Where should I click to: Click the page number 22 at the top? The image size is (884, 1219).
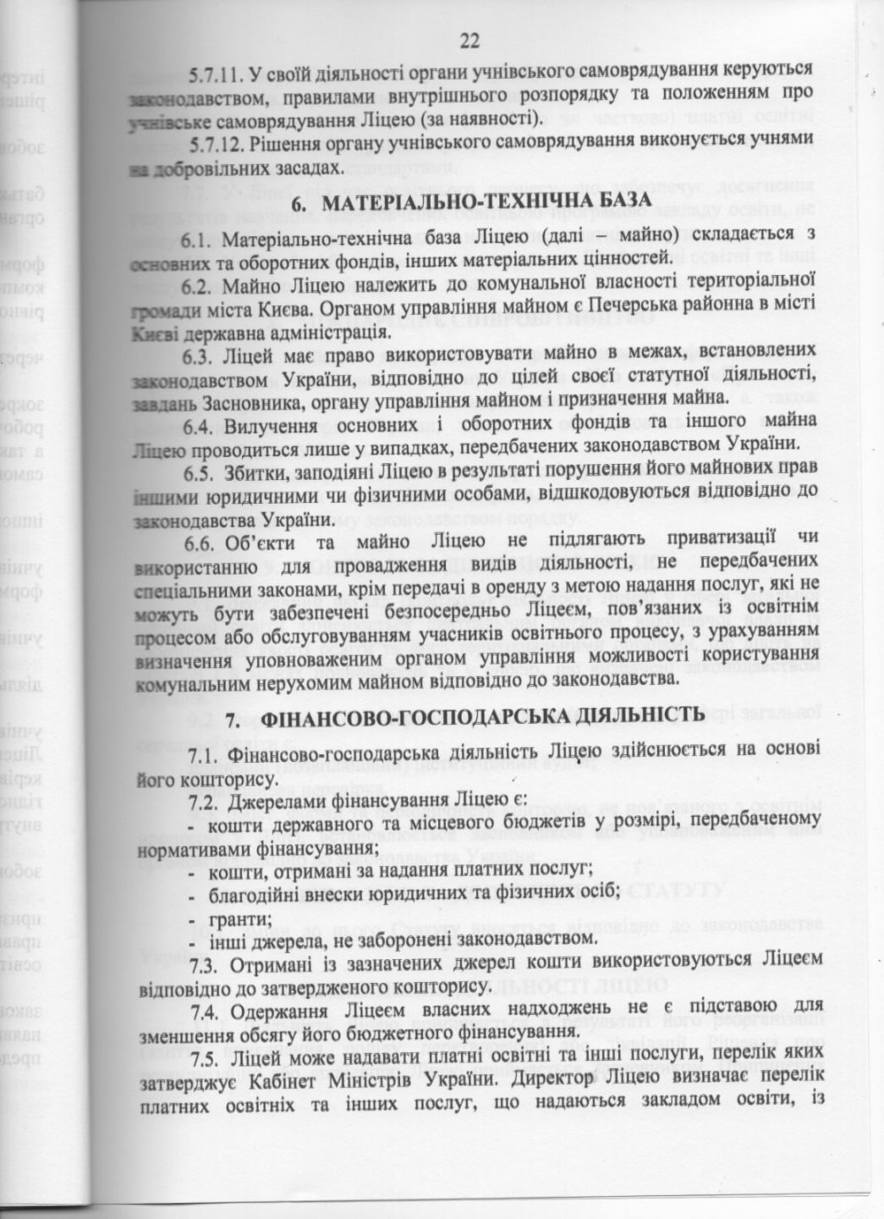pos(470,40)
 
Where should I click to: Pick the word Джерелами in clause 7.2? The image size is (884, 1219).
pos(272,798)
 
